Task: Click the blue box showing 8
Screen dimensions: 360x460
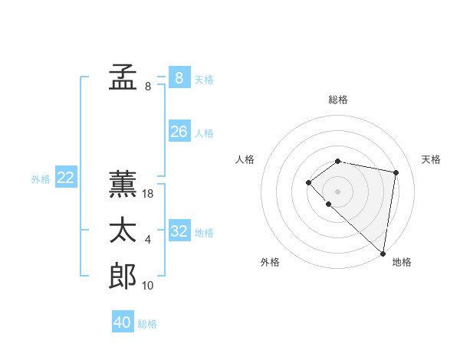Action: tap(179, 77)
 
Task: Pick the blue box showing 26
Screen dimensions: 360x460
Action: tap(179, 132)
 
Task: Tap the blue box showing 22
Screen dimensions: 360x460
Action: tap(65, 178)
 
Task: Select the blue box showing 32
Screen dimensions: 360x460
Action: tap(179, 231)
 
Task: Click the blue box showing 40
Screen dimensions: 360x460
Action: tap(123, 322)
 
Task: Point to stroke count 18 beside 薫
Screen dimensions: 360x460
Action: tap(148, 194)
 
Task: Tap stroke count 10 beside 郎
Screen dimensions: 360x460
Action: tap(148, 286)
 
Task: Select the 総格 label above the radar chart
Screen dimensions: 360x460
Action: tap(337, 100)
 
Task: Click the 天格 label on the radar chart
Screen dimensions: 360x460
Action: tap(431, 159)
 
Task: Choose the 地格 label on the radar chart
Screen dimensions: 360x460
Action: tap(402, 262)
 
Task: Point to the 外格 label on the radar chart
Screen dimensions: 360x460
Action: tap(270, 262)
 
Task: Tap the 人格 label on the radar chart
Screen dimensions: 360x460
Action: tap(245, 159)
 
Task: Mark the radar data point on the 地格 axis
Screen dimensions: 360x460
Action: tap(383, 253)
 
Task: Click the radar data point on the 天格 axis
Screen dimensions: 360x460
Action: tap(396, 172)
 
